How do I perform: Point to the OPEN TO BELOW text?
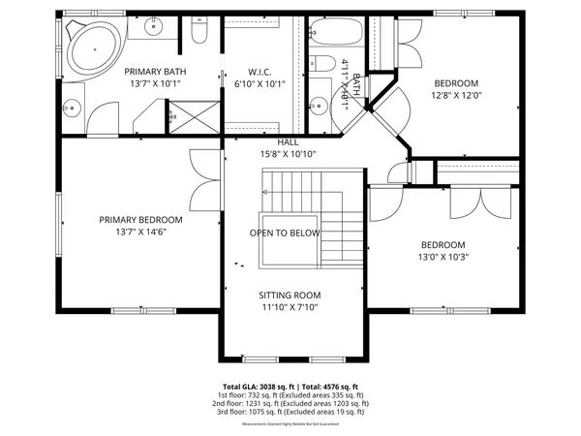click(285, 234)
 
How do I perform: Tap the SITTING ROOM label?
click(289, 296)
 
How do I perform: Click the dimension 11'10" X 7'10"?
click(289, 308)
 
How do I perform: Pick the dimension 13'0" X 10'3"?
click(442, 258)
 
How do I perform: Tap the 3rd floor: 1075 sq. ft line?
click(290, 412)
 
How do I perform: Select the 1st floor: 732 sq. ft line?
click(290, 394)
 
